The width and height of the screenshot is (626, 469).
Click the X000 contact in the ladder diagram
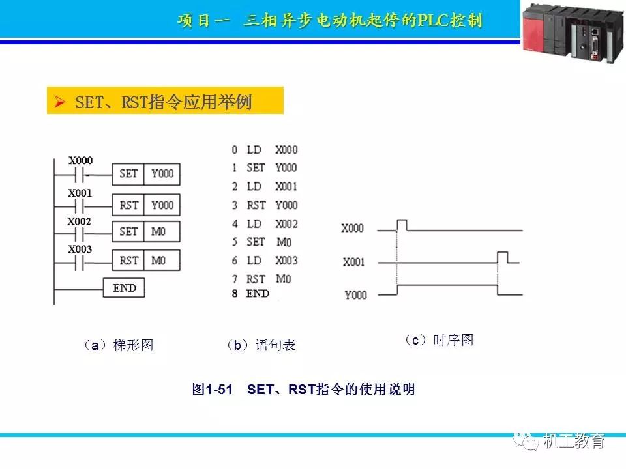(x=79, y=175)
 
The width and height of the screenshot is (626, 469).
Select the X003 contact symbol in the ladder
(x=79, y=263)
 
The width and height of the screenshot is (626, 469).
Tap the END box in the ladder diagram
(x=124, y=288)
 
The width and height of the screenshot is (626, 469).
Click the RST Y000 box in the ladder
(x=146, y=205)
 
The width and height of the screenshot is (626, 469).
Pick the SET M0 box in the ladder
(x=146, y=232)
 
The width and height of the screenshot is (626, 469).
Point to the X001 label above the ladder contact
(x=80, y=193)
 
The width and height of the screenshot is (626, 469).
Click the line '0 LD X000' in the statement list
(x=265, y=150)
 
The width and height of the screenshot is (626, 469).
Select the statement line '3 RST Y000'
(x=265, y=205)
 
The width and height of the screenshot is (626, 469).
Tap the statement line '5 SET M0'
(x=262, y=242)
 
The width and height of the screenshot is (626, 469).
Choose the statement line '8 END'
(x=250, y=294)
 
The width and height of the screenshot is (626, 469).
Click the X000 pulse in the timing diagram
(x=402, y=225)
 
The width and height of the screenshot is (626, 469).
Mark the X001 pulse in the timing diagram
(x=503, y=257)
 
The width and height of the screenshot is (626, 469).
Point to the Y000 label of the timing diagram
(x=356, y=295)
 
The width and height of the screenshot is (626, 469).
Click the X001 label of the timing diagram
(x=353, y=262)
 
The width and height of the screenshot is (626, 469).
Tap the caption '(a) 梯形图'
(x=118, y=345)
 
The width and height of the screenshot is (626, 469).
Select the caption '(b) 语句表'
(x=261, y=345)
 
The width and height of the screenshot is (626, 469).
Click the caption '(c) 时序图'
(x=439, y=340)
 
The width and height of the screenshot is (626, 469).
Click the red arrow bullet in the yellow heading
(x=59, y=102)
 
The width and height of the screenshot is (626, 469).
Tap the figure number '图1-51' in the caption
(x=212, y=390)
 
